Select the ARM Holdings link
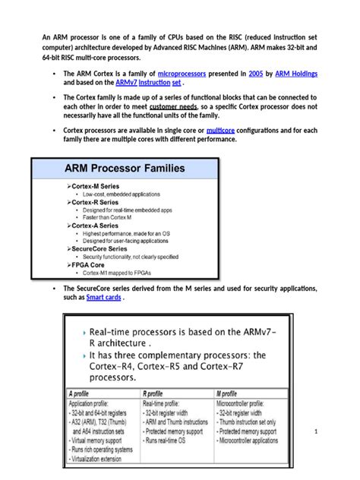(x=292, y=73)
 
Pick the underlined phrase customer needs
(x=174, y=107)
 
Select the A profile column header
(x=81, y=395)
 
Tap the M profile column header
(x=231, y=395)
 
